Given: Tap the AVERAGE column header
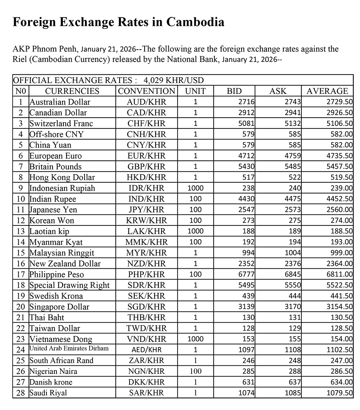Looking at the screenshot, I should click(x=327, y=91).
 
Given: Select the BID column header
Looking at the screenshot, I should click(x=234, y=91).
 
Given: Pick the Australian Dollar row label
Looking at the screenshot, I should click(x=60, y=102).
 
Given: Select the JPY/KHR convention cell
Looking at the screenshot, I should click(x=147, y=210).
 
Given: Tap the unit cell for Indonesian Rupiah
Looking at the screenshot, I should click(x=195, y=188).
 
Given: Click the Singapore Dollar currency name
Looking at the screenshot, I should click(x=59, y=307).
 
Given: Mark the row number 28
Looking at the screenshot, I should click(x=21, y=393).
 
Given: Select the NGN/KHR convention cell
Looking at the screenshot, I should click(x=147, y=371).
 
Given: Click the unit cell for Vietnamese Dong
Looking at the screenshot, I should click(x=195, y=339).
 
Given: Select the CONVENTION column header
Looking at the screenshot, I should click(x=147, y=91).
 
